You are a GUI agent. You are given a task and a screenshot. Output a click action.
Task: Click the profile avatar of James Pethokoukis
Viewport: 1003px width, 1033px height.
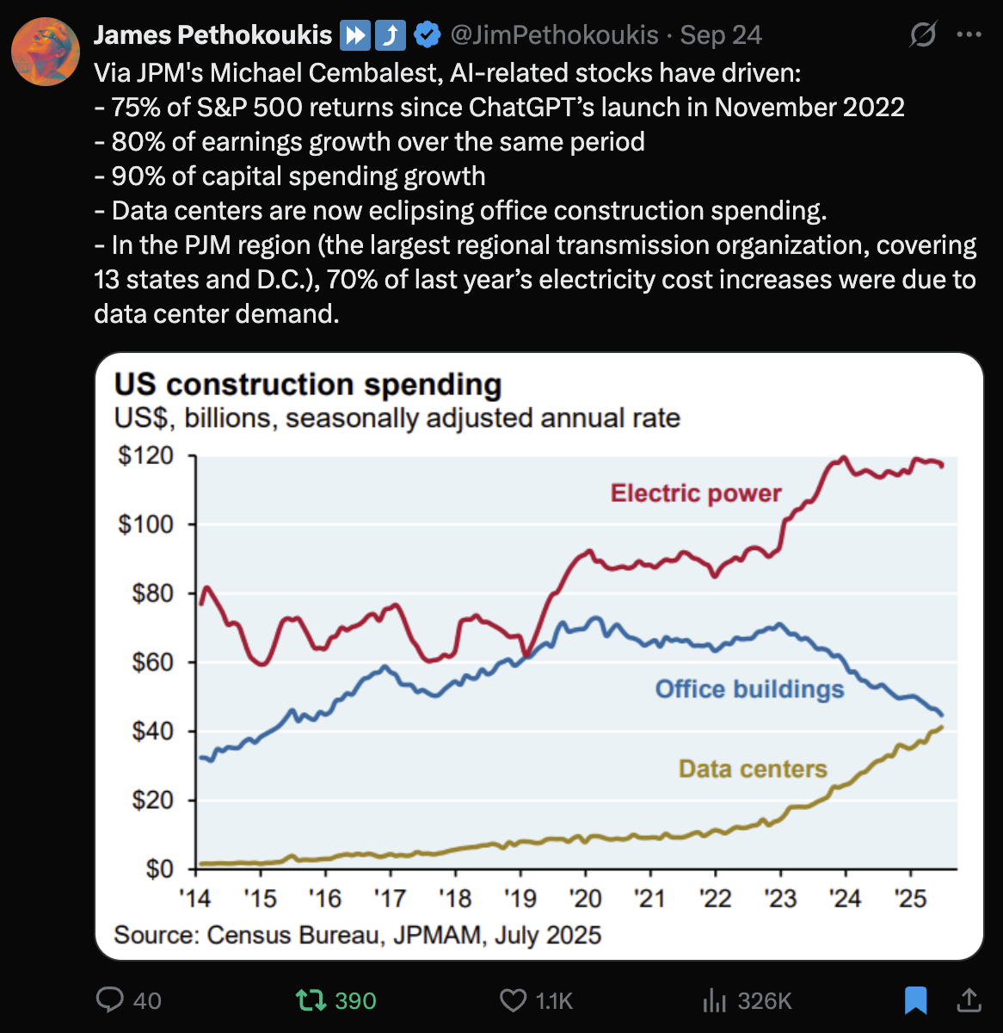[x=46, y=52]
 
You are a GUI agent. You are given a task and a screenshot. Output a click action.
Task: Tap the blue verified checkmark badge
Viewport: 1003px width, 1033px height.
[x=428, y=35]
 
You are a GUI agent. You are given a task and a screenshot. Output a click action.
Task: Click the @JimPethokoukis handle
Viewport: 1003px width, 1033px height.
[x=554, y=35]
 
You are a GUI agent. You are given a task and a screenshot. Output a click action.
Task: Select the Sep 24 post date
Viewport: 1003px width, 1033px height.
[x=721, y=35]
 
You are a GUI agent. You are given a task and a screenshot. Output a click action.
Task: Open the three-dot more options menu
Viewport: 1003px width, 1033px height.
[x=969, y=35]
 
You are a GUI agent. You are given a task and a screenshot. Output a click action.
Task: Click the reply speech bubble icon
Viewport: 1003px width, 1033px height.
[x=110, y=999]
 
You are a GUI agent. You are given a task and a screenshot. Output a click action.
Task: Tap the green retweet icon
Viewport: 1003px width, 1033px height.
[x=311, y=999]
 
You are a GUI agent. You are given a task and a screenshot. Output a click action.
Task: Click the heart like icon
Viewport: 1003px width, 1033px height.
[x=513, y=999]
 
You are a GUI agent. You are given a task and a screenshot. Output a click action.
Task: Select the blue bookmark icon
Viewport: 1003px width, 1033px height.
[x=915, y=999]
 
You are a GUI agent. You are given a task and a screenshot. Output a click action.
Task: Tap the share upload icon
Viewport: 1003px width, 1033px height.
[x=969, y=999]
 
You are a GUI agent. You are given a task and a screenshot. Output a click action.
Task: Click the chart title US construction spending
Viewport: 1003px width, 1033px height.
[x=308, y=384]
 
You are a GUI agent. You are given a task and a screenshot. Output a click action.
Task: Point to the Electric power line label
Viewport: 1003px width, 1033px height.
[x=696, y=493]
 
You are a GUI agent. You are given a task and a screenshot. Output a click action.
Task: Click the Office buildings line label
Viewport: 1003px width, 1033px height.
[x=749, y=689]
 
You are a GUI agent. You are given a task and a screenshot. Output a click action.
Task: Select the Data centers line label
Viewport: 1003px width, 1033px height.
[x=753, y=769]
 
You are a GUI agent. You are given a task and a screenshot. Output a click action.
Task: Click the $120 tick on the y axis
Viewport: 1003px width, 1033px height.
[x=145, y=455]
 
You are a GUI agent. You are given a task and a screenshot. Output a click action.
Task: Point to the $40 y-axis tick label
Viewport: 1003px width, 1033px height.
[x=152, y=731]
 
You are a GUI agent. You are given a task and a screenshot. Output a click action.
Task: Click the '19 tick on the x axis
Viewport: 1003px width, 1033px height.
[x=520, y=899]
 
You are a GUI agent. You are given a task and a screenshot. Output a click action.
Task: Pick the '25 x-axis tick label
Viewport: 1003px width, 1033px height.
[x=910, y=899]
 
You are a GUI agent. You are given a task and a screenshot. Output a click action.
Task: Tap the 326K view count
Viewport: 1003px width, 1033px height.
[x=764, y=1000]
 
